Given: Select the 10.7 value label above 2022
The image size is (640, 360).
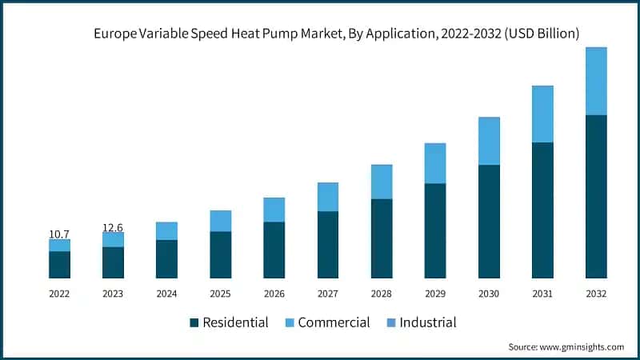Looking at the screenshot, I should (x=59, y=234).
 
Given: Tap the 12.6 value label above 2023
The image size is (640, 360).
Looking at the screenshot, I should (x=113, y=228).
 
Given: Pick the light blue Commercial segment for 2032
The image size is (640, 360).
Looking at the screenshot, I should (x=596, y=81).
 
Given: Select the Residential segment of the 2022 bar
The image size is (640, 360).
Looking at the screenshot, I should (x=59, y=265).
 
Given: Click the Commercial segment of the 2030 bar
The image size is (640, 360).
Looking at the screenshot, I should (x=489, y=141).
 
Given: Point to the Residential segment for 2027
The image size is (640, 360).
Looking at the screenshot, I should (x=328, y=245).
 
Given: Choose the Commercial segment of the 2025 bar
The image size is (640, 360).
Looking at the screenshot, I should (x=221, y=221).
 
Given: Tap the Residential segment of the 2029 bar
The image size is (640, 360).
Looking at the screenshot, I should (x=435, y=230).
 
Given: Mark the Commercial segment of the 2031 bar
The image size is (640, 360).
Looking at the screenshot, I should (x=542, y=114).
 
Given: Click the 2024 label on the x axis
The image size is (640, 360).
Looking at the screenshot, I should (x=166, y=294).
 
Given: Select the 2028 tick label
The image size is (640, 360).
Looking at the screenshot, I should (x=382, y=294).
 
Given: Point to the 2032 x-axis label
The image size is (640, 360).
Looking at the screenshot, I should (x=596, y=294).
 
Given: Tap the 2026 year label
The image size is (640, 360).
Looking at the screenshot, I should (x=274, y=294).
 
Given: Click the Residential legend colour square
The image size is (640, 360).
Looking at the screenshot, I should (x=194, y=323).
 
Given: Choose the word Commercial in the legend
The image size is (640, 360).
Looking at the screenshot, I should (x=334, y=323).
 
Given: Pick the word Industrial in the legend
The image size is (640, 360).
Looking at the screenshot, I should (x=428, y=323).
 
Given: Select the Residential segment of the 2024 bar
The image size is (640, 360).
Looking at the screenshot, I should (x=166, y=259).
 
